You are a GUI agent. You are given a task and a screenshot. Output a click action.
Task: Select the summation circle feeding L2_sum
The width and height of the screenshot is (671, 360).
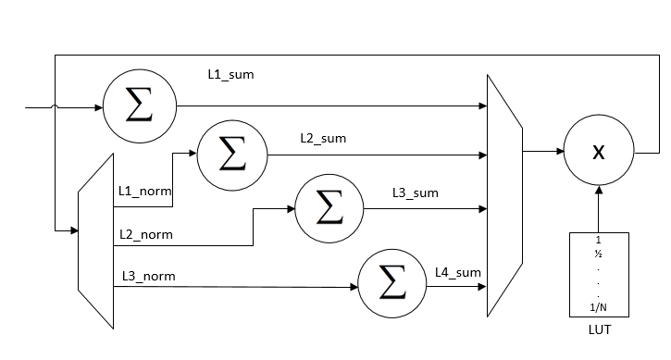(232, 154)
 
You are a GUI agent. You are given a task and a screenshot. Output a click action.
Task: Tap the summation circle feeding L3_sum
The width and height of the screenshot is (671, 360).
(329, 208)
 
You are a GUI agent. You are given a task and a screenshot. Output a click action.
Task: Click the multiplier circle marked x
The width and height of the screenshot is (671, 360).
(600, 153)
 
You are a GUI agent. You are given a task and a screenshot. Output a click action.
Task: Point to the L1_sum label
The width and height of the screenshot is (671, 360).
(230, 73)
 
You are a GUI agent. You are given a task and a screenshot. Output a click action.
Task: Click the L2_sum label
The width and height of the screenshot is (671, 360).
(322, 138)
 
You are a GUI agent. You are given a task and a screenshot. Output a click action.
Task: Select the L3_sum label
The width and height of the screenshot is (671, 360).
(415, 192)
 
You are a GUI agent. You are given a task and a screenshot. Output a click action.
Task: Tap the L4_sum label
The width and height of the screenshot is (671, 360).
(457, 272)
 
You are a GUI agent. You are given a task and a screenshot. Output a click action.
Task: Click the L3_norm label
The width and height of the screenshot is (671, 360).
(147, 276)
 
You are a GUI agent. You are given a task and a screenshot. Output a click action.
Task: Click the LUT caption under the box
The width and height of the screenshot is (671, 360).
(599, 329)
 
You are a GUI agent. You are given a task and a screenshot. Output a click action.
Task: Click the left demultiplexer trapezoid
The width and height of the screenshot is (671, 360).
(95, 241)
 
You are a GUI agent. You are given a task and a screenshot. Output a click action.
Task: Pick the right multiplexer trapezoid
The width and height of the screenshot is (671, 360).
(503, 196)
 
